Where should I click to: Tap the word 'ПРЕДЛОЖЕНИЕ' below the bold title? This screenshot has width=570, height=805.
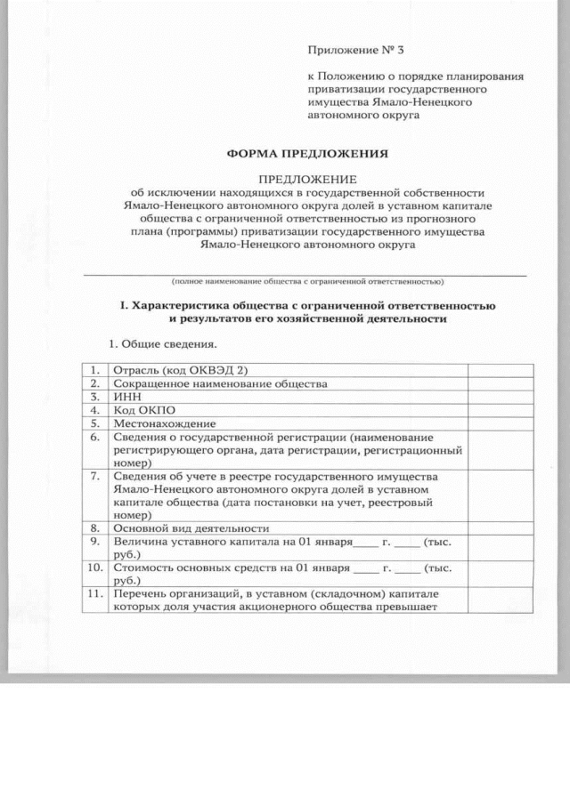pyautogui.click(x=307, y=179)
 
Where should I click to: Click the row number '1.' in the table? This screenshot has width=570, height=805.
pyautogui.click(x=94, y=369)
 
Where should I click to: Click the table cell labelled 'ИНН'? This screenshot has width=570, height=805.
pyautogui.click(x=124, y=397)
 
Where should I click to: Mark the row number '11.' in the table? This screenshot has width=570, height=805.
pyautogui.click(x=93, y=593)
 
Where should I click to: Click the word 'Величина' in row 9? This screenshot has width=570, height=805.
pyautogui.click(x=138, y=541)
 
